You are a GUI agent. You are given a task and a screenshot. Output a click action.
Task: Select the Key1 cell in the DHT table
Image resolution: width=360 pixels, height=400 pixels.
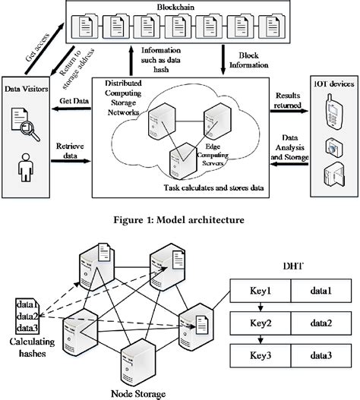[x=260, y=291]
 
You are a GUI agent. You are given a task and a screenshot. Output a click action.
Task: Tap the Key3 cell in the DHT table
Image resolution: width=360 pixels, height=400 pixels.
[x=260, y=357]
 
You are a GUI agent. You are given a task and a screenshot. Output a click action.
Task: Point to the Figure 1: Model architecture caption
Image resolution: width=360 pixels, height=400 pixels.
[x=179, y=221]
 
